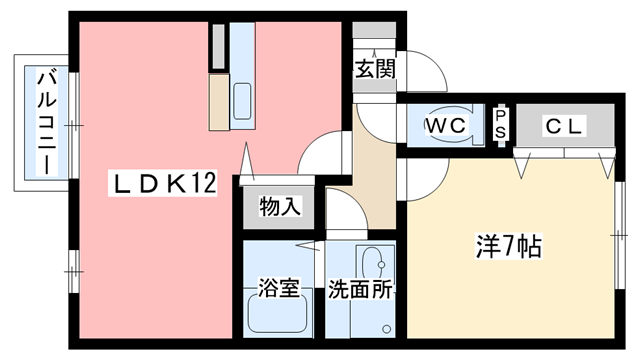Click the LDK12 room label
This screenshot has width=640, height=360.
coord(164,184)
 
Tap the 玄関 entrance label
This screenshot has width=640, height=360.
coord(375,69)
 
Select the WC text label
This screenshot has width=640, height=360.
coord(443,126)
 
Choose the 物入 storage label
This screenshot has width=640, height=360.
coord(279,207)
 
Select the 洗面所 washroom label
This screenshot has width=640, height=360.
coord(359,291)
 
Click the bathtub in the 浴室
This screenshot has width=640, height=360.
coord(277,320)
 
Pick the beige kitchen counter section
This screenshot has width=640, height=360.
coord(218,100)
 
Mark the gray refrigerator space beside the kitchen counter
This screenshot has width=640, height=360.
coord(218,44)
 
